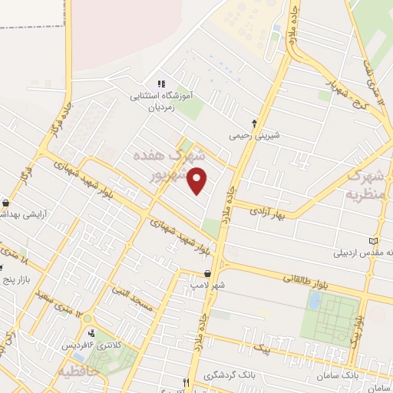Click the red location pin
coord(198,181)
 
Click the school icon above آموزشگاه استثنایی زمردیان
coord(161,84)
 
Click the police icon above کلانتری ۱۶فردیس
coord(93,333)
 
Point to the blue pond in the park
coord(314,301)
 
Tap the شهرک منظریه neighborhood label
coord(363,185)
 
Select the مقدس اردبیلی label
coord(364,252)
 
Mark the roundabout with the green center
coord(87,318)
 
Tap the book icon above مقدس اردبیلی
coord(374,240)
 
